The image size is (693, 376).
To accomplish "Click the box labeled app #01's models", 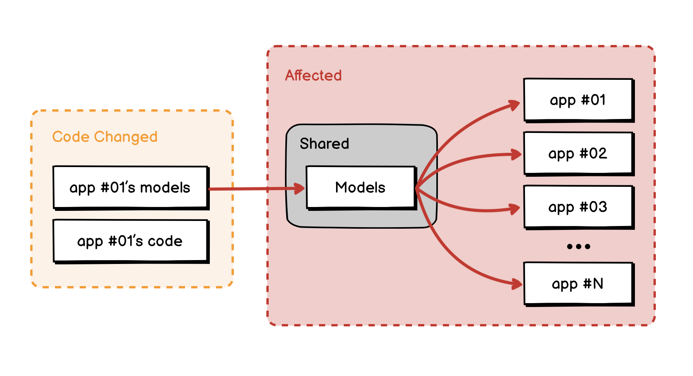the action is [x=131, y=188].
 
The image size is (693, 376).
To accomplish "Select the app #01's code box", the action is [x=131, y=241].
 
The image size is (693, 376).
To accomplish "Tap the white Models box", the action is [x=362, y=188].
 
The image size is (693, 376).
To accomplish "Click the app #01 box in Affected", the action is [x=579, y=100].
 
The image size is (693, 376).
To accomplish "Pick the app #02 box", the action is [x=579, y=154].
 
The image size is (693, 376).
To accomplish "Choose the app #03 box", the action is [x=579, y=207].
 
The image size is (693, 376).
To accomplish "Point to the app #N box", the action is [x=579, y=284].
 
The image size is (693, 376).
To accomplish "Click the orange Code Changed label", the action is [x=105, y=137].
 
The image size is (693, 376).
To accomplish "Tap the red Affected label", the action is [x=314, y=75].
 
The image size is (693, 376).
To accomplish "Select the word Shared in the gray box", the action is [x=324, y=143].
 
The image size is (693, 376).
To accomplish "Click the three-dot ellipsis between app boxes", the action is [x=578, y=247].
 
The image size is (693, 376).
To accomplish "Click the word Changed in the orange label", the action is [x=126, y=137].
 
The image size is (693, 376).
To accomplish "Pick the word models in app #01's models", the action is [x=165, y=188].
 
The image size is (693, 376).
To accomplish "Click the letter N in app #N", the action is [x=598, y=284].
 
